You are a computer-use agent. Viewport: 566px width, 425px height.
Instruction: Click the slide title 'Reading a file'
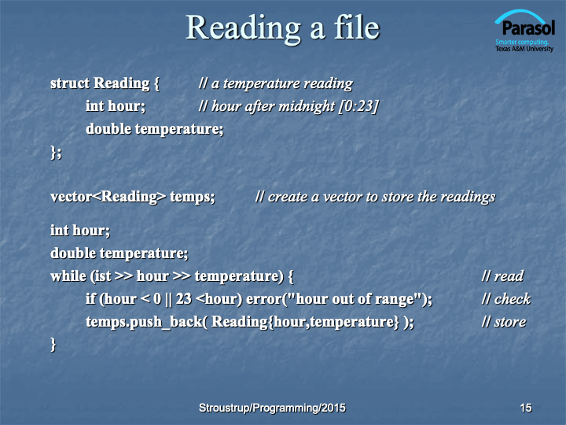pyautogui.click(x=283, y=28)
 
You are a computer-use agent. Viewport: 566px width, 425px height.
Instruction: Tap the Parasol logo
pyautogui.click(x=524, y=31)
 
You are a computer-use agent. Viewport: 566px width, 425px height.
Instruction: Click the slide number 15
pyautogui.click(x=526, y=408)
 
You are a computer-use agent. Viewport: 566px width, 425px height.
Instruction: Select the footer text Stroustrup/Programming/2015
pyautogui.click(x=272, y=408)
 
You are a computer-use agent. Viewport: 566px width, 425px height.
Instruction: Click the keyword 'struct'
pyautogui.click(x=70, y=83)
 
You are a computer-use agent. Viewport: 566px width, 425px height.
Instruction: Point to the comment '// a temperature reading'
pyautogui.click(x=276, y=84)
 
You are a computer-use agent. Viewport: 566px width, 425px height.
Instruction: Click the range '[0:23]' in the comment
pyautogui.click(x=358, y=106)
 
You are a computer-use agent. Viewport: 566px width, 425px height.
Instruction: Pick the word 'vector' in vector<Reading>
pyautogui.click(x=71, y=197)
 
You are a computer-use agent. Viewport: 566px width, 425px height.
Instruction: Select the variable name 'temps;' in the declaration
pyautogui.click(x=193, y=198)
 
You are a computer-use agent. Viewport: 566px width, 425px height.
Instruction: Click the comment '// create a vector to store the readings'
pyautogui.click(x=376, y=198)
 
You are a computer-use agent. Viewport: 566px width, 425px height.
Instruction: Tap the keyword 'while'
pyautogui.click(x=68, y=276)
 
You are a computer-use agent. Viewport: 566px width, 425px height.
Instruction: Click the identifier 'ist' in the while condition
pyautogui.click(x=103, y=276)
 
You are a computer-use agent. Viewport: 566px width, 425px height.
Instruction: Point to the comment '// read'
pyautogui.click(x=503, y=276)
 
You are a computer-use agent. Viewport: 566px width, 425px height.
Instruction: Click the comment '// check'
pyautogui.click(x=506, y=299)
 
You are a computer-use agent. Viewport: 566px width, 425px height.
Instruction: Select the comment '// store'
pyautogui.click(x=504, y=322)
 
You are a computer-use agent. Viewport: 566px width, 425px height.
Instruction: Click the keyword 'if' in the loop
pyautogui.click(x=90, y=299)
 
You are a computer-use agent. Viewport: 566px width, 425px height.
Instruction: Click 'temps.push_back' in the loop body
pyautogui.click(x=145, y=322)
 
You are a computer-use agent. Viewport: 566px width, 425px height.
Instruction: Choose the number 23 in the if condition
pyautogui.click(x=184, y=299)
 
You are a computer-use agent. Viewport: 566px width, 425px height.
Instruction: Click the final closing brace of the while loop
pyautogui.click(x=53, y=345)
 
